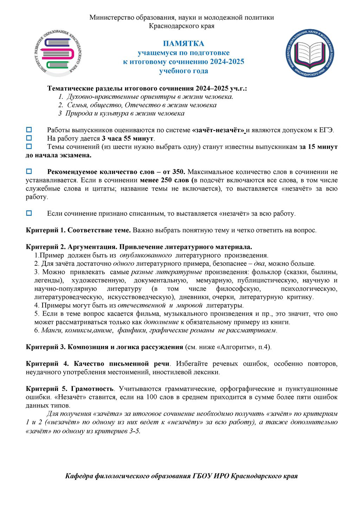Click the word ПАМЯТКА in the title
click(x=183, y=44)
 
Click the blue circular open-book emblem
click(x=310, y=53)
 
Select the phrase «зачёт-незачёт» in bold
click(x=218, y=130)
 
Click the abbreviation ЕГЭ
click(x=327, y=130)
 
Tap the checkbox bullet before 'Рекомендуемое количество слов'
click(x=29, y=172)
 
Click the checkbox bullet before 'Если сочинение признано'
click(x=29, y=213)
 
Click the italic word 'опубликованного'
click(x=146, y=255)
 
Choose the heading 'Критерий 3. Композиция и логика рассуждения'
click(x=104, y=347)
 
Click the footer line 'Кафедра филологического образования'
click(x=181, y=476)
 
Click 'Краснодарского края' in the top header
click(x=181, y=26)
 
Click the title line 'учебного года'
click(x=183, y=71)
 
